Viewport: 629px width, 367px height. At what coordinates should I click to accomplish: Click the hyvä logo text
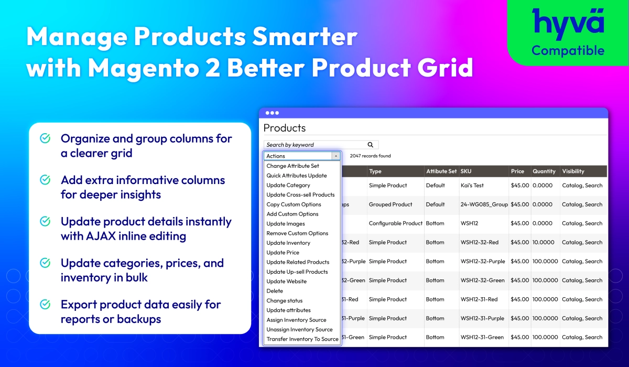point(568,24)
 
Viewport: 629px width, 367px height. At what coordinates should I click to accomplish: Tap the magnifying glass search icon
point(371,145)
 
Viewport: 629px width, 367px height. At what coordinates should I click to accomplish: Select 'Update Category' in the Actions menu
point(288,185)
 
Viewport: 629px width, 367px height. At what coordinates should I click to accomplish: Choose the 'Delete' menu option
point(275,291)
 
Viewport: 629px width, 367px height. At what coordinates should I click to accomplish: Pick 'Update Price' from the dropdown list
point(283,252)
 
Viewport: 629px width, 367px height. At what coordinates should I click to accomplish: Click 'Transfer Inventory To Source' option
point(302,339)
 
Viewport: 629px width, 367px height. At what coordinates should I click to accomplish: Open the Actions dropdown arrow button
point(336,156)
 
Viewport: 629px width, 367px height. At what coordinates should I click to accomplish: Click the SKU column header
point(466,171)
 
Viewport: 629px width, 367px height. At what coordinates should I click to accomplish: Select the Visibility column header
point(573,171)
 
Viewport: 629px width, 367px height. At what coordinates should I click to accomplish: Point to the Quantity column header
point(544,171)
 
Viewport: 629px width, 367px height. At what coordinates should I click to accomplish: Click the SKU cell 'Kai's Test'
point(472,185)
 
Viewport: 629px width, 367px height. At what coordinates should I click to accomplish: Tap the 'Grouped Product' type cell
point(391,204)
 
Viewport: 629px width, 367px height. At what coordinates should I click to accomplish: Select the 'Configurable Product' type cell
point(396,223)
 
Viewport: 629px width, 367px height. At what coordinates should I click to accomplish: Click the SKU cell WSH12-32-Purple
point(483,262)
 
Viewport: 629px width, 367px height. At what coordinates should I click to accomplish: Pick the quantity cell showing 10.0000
point(544,242)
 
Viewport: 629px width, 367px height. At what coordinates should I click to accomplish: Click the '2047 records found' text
point(370,156)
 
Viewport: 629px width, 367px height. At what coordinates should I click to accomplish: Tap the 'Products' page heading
point(285,128)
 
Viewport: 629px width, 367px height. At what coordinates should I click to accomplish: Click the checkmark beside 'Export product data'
point(45,304)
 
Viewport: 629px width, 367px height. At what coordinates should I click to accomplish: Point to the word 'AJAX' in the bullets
point(101,236)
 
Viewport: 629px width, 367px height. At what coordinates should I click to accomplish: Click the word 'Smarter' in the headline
point(305,37)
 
